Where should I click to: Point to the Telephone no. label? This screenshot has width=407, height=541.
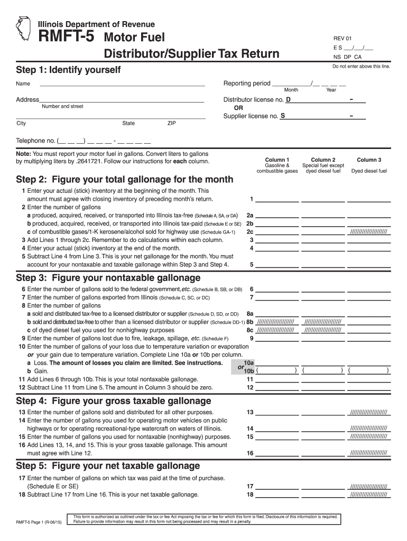click(x=35, y=141)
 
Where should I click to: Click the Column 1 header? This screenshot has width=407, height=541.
click(x=277, y=160)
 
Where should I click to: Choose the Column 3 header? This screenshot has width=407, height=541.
click(x=369, y=160)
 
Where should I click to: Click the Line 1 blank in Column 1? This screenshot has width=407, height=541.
click(x=277, y=199)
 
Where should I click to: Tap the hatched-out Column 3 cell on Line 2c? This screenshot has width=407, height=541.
click(x=369, y=231)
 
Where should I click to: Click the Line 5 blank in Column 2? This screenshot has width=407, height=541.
click(x=323, y=265)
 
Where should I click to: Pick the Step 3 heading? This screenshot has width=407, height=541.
click(x=108, y=278)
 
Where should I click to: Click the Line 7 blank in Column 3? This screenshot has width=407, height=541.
click(x=369, y=297)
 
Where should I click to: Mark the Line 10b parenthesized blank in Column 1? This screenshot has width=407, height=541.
click(x=277, y=371)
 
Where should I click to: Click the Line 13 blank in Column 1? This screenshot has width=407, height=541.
click(x=277, y=412)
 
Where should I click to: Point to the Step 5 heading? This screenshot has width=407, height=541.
click(x=108, y=465)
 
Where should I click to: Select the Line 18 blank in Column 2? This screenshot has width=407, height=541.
click(x=323, y=495)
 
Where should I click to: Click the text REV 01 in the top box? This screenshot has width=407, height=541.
click(x=342, y=39)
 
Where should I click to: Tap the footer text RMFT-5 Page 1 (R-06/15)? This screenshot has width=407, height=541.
click(x=39, y=522)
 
